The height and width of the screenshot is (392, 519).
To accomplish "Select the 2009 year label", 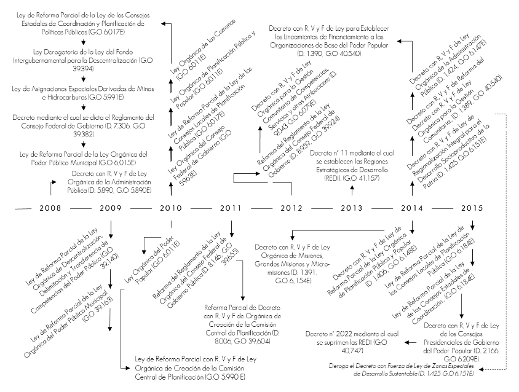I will (x=111, y=208).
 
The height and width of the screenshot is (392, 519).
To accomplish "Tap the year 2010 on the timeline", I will (x=171, y=208).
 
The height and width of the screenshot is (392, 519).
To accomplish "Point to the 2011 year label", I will (x=231, y=208).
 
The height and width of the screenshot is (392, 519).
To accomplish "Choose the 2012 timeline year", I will (x=291, y=208).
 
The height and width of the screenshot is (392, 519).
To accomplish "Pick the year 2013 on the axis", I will (x=351, y=208).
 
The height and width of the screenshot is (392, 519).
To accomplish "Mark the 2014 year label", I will (x=411, y=208).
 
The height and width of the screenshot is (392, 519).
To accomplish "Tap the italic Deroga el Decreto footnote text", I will (x=402, y=369).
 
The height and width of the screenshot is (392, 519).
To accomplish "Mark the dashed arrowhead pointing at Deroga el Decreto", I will (x=483, y=369).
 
